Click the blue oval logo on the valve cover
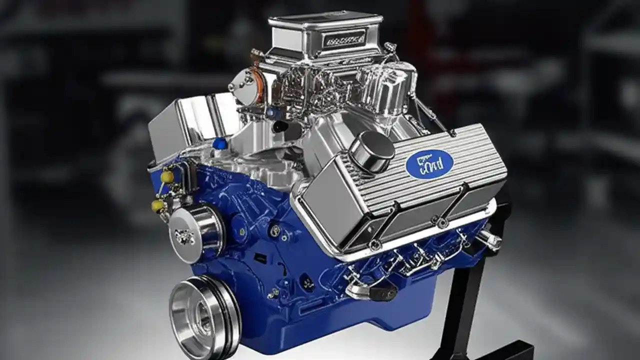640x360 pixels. pos(429,164)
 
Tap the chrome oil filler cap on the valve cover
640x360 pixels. pos(371,151)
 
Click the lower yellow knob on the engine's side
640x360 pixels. pos(158,205)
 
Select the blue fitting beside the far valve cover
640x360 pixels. pos(219,144)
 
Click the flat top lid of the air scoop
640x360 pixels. pos(320,19)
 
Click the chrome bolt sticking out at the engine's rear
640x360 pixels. pos(488,240)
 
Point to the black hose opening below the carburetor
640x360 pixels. pos(280,125)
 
